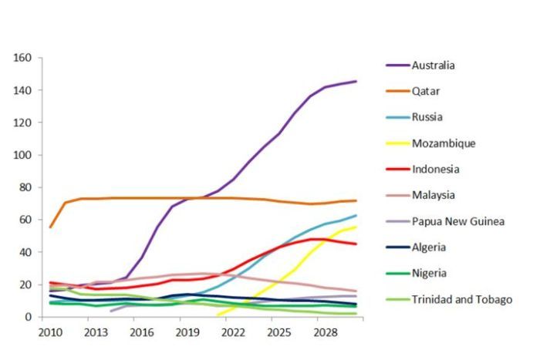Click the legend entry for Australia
433,65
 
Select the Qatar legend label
425,91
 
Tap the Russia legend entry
426,117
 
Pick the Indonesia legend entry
434,170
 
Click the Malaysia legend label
433,196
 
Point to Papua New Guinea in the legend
458,221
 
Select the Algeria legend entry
428,247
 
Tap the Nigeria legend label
428,273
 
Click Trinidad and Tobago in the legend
462,299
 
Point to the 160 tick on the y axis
22,58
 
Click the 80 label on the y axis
25,187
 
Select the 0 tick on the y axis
28,317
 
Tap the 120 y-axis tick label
22,123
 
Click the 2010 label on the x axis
50,332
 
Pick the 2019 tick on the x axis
187,332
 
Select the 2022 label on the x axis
234,332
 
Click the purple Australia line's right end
356,81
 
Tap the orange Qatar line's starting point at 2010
50,227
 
